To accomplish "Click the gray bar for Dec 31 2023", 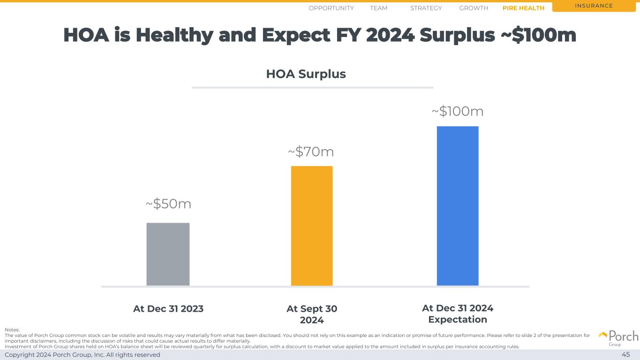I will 168,254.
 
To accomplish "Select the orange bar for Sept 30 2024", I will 312,225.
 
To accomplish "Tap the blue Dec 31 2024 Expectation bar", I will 458,206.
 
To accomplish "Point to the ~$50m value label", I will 168,204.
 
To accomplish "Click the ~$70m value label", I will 311,152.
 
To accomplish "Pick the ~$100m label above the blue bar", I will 458,112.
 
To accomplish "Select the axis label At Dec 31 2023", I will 168,309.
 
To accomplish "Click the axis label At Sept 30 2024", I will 312,314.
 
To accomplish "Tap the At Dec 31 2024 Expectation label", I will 458,314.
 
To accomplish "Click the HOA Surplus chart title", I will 306,74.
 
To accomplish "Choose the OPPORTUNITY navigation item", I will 331,8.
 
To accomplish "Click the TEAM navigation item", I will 378,8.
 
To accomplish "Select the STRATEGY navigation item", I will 426,8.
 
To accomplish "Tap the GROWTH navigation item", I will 474,8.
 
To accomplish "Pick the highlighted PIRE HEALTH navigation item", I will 523,8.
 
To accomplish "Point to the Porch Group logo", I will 618,337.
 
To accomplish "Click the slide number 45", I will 625,355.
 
